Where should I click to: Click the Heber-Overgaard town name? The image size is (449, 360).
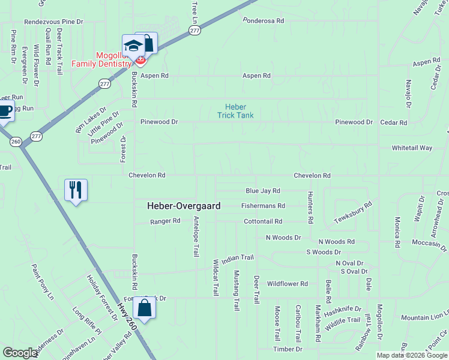(x=184, y=206)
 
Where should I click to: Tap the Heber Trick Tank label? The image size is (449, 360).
(x=235, y=111)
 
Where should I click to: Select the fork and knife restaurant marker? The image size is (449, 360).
(x=76, y=190)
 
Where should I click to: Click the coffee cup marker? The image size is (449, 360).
(x=5, y=111)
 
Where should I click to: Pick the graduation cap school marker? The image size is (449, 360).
(x=133, y=45)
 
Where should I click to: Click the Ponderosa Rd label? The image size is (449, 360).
(x=263, y=20)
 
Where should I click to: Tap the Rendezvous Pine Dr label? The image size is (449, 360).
(x=53, y=21)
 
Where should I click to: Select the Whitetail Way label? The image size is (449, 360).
(x=412, y=148)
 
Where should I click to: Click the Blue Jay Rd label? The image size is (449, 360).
(x=263, y=191)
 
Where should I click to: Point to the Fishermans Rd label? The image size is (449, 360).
(x=263, y=206)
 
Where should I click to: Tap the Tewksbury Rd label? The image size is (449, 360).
(x=353, y=212)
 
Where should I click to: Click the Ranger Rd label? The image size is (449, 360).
(x=165, y=221)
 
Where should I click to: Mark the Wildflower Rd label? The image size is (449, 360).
(x=287, y=284)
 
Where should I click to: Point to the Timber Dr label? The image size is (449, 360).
(x=288, y=349)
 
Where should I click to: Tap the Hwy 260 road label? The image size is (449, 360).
(x=125, y=315)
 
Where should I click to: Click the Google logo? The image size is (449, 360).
(x=20, y=353)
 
